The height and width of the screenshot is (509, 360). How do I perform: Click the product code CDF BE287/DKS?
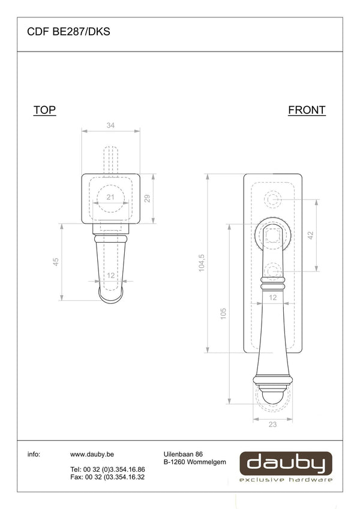click(x=68, y=32)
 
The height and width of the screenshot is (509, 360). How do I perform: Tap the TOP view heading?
click(x=44, y=110)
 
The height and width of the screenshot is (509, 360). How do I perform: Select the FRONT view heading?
click(x=307, y=110)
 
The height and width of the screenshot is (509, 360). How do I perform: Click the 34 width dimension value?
click(x=110, y=125)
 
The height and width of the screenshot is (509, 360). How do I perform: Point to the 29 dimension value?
click(x=147, y=198)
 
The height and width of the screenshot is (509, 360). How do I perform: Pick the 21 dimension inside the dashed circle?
click(x=110, y=197)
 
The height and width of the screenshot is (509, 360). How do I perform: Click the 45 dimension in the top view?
click(x=56, y=261)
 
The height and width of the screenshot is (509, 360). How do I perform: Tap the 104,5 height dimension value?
click(x=202, y=263)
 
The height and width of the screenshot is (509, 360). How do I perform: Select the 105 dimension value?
click(x=223, y=314)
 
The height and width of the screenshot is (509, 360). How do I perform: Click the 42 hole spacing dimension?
click(x=311, y=235)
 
